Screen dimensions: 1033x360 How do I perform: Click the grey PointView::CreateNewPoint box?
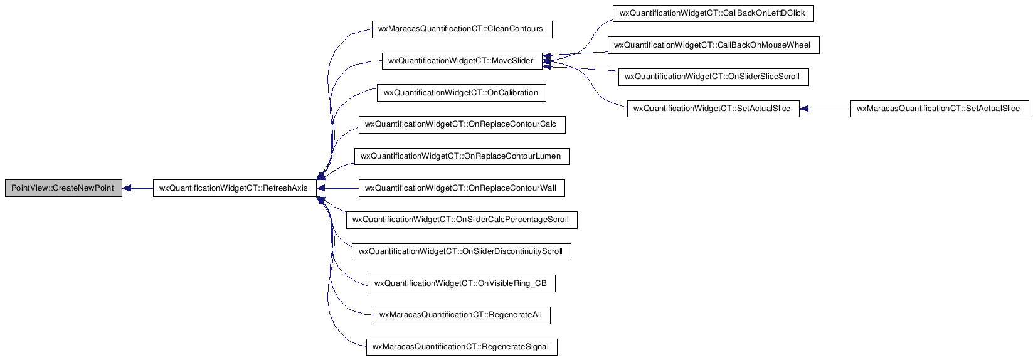pyautogui.click(x=63, y=188)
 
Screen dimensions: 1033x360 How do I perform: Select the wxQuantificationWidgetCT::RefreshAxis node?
pyautogui.click(x=234, y=188)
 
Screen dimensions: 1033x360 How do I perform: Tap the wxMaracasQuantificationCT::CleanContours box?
pyautogui.click(x=462, y=29)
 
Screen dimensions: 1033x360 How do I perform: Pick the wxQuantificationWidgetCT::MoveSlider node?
pyautogui.click(x=462, y=61)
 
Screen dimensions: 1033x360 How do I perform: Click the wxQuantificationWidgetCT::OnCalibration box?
pyautogui.click(x=461, y=93)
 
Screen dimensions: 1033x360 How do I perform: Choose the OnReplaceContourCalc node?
pyautogui.click(x=462, y=124)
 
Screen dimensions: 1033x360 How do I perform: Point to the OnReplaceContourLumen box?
pyautogui.click(x=462, y=156)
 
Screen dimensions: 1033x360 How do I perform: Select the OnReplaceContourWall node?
pyautogui.click(x=462, y=188)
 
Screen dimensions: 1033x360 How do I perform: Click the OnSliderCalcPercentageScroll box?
pyautogui.click(x=462, y=220)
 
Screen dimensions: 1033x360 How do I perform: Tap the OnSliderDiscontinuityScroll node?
pyautogui.click(x=461, y=251)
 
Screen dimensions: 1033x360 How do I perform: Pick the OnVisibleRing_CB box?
pyautogui.click(x=461, y=283)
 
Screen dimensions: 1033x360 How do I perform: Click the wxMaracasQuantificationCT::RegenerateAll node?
pyautogui.click(x=461, y=315)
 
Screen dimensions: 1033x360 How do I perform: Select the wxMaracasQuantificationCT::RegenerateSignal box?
pyautogui.click(x=462, y=347)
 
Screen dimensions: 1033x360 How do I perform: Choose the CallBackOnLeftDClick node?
pyautogui.click(x=713, y=13)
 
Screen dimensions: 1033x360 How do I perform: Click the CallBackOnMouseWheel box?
pyautogui.click(x=713, y=45)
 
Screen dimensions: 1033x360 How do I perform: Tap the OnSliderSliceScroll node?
pyautogui.click(x=713, y=77)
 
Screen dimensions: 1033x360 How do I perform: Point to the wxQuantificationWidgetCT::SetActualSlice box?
pyautogui.click(x=713, y=109)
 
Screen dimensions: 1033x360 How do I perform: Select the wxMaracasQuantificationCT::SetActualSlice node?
pyautogui.click(x=940, y=109)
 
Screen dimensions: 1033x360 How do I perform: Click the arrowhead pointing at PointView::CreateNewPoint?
pyautogui.click(x=126, y=188)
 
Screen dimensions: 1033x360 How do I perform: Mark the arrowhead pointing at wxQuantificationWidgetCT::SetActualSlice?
pyautogui.click(x=803, y=109)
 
